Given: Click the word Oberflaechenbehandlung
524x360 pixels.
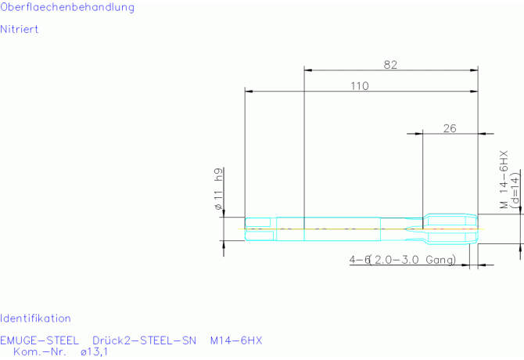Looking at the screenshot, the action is click(x=67, y=7).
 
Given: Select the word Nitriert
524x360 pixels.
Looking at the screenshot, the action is click(x=20, y=29).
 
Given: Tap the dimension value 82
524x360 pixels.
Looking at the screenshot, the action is click(x=390, y=64).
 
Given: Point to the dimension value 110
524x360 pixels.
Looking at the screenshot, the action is click(x=360, y=86).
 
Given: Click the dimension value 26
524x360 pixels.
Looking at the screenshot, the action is click(x=450, y=128).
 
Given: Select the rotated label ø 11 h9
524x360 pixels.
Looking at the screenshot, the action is click(x=218, y=189).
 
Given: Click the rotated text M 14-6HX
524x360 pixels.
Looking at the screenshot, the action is click(x=504, y=179).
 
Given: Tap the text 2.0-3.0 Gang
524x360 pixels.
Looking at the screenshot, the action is click(x=415, y=260).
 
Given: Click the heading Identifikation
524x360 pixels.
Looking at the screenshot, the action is click(x=35, y=319).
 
